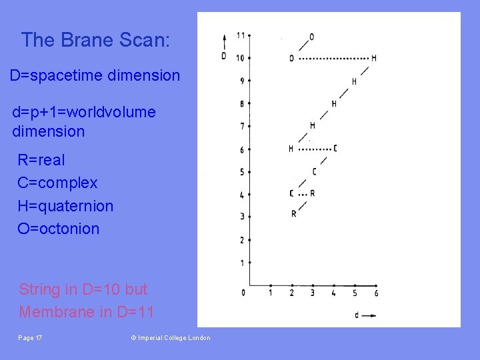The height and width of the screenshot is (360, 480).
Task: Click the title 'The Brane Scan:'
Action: click(x=95, y=41)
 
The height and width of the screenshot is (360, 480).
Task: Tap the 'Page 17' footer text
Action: click(x=30, y=338)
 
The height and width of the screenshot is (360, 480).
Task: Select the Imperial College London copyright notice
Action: click(x=170, y=338)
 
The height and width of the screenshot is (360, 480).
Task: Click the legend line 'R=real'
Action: click(x=41, y=160)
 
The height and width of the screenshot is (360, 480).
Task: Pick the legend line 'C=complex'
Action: click(x=57, y=183)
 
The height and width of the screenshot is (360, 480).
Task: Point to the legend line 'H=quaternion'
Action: click(x=65, y=206)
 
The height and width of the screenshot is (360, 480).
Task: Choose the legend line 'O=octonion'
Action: click(x=58, y=229)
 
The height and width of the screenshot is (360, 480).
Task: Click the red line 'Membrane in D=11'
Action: click(x=86, y=312)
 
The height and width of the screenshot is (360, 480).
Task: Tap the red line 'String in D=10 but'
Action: click(x=83, y=289)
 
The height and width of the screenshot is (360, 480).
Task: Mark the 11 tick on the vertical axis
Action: click(x=241, y=35)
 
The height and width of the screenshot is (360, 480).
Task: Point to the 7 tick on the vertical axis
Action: click(x=241, y=127)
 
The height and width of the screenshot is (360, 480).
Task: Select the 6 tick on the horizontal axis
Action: click(x=377, y=293)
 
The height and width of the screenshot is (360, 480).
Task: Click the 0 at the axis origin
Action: click(x=243, y=293)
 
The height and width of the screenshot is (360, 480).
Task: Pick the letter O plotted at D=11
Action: click(x=312, y=37)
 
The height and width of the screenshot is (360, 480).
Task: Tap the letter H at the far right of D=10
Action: click(x=374, y=59)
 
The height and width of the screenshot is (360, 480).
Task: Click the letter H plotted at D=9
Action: click(x=354, y=82)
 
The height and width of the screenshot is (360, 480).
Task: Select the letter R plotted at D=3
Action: click(x=293, y=214)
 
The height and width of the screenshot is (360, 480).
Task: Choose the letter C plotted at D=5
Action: click(x=314, y=172)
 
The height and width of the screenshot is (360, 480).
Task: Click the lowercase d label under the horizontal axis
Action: click(x=357, y=315)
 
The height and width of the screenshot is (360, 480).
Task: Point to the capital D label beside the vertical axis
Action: click(x=224, y=56)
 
